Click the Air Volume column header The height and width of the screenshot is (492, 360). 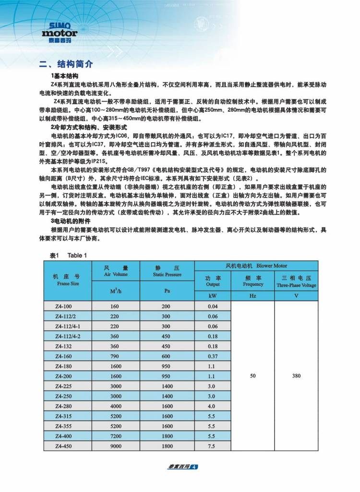[x=116, y=271]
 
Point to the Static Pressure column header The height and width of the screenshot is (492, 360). [x=167, y=271]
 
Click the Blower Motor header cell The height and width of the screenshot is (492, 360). [x=256, y=265]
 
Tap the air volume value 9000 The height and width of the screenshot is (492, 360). [x=115, y=446]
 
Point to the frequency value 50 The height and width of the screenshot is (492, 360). [x=253, y=376]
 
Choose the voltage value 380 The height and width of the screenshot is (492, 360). [x=296, y=376]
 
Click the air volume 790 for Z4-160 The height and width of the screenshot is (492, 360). [x=115, y=356]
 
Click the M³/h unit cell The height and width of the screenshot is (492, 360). [x=116, y=291]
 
